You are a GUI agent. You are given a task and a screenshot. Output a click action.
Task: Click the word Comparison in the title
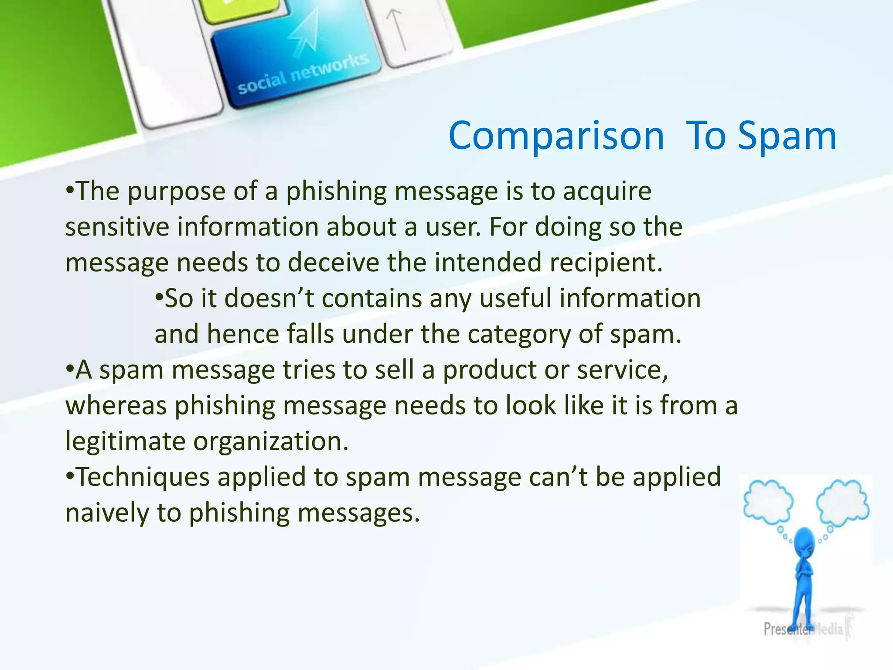click(x=556, y=136)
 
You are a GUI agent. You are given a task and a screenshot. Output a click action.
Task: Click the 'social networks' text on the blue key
click(x=303, y=74)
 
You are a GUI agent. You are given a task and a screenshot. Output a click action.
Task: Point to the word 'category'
click(x=519, y=335)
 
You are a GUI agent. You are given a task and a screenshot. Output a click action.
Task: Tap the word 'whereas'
click(x=116, y=406)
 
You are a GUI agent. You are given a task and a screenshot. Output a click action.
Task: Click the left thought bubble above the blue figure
click(x=768, y=502)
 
